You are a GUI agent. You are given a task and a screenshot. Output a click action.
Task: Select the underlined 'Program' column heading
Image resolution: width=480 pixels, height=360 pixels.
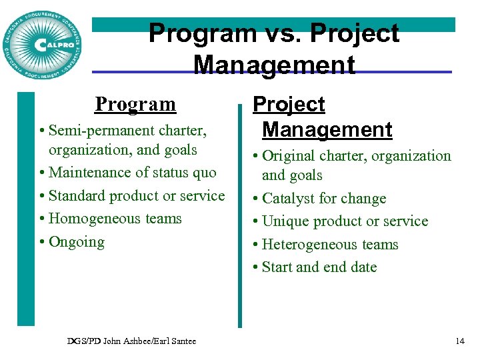pyautogui.click(x=135, y=104)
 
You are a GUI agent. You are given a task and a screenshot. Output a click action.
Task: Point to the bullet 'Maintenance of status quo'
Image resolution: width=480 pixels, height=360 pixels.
pyautogui.click(x=132, y=173)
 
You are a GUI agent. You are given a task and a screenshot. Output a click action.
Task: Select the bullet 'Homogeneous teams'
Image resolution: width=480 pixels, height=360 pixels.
pyautogui.click(x=115, y=219)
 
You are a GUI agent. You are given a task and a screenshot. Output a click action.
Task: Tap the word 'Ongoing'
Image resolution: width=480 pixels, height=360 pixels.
pyautogui.click(x=77, y=242)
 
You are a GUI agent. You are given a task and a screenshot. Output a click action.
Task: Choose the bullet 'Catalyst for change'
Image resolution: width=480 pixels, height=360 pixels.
pyautogui.click(x=324, y=199)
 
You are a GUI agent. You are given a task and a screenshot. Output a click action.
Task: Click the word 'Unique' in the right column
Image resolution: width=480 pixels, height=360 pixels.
pyautogui.click(x=284, y=221)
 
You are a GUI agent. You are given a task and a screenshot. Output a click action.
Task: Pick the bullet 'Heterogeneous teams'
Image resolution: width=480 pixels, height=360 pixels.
pyautogui.click(x=330, y=245)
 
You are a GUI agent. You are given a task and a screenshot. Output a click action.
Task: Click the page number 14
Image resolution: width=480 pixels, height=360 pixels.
pyautogui.click(x=459, y=341)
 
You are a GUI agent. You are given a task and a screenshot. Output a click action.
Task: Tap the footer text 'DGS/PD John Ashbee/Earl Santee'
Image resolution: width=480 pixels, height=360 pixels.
pyautogui.click(x=131, y=341)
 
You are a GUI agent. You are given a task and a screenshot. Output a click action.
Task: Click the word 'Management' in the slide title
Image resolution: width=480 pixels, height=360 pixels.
pyautogui.click(x=273, y=65)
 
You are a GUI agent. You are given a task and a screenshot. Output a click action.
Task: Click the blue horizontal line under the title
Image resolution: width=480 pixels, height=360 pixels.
pyautogui.click(x=400, y=72)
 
